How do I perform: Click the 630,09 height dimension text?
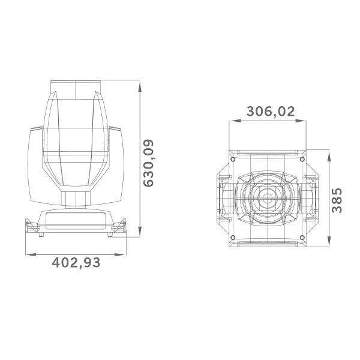pos(148,163)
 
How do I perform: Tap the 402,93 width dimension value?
pos(76,263)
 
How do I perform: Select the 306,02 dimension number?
pos(271,112)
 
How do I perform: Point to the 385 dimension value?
pos(337,200)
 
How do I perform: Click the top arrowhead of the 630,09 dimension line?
pos(140,87)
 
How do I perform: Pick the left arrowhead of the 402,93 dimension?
pos(31,254)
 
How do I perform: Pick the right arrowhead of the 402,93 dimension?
pos(120,254)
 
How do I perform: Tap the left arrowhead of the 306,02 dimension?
pos(235,121)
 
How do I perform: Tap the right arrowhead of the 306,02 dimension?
pos(301,121)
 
